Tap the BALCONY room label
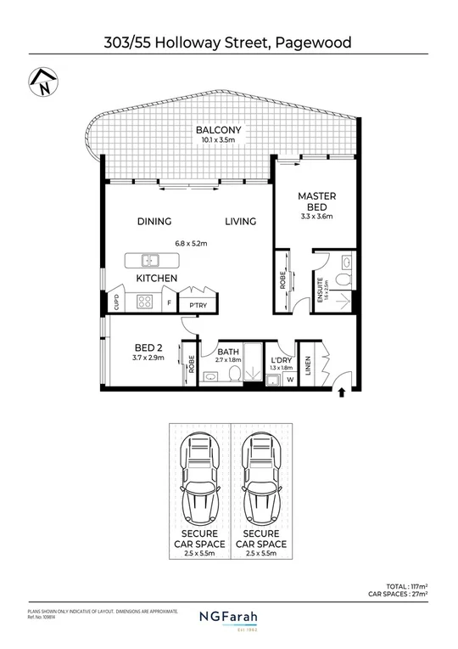[218, 130]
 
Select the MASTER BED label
[316, 202]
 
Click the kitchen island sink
[149, 260]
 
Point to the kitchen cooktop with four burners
[144, 301]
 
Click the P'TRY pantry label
[198, 305]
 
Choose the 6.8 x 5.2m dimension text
[191, 243]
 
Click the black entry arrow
[341, 392]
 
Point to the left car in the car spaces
[198, 482]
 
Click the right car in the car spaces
[260, 482]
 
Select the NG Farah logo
[228, 618]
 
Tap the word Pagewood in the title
[310, 42]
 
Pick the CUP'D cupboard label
[116, 302]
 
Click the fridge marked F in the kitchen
[170, 302]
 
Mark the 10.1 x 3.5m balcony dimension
[218, 140]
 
